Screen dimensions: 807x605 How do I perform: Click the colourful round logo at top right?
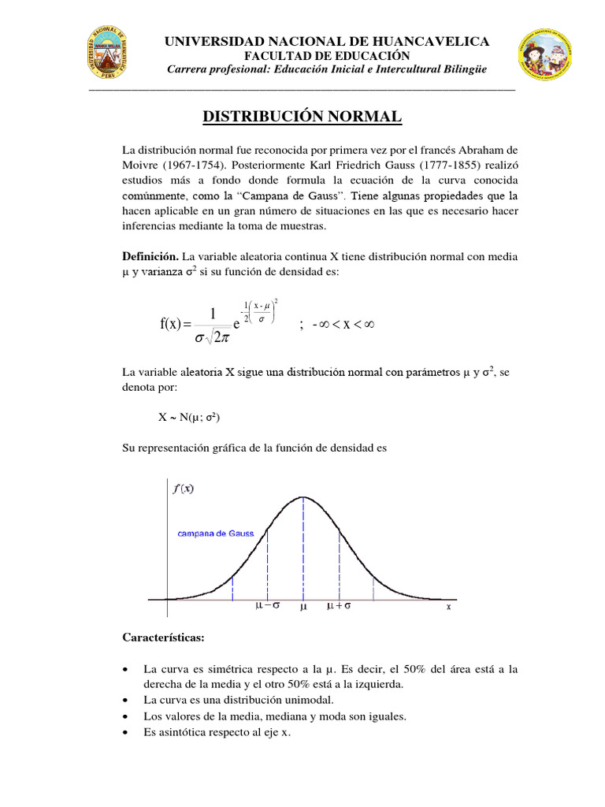[x=546, y=57]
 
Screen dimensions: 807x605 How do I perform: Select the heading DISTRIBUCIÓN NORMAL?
[x=302, y=117]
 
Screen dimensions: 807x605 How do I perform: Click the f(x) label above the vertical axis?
[x=183, y=489]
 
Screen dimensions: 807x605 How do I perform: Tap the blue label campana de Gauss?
[x=215, y=534]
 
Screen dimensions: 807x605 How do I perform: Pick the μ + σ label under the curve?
[x=340, y=607]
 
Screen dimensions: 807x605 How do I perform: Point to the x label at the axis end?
[x=448, y=608]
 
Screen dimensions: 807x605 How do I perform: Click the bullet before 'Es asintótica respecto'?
[x=127, y=733]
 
